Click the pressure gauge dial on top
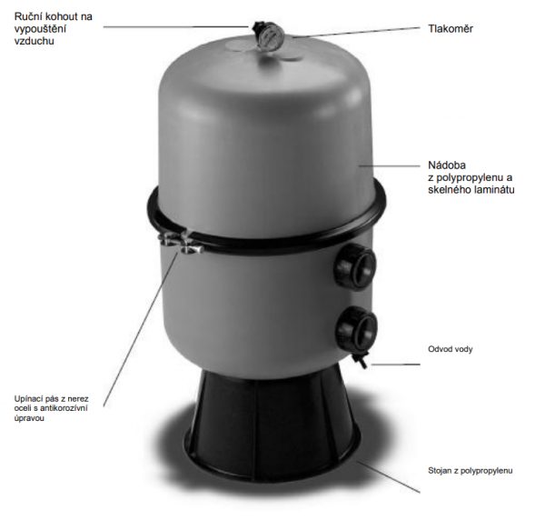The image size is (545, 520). pyautogui.click(x=272, y=35)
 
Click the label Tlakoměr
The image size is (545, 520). pyautogui.click(x=451, y=28)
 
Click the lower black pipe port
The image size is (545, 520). pyautogui.click(x=356, y=327)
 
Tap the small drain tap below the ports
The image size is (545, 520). pyautogui.click(x=360, y=360)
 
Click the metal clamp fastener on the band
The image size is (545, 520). pyautogui.click(x=180, y=242)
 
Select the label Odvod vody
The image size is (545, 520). pyautogui.click(x=451, y=349)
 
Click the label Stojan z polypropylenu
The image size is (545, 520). pyautogui.click(x=471, y=471)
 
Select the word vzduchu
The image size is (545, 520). pyautogui.click(x=35, y=41)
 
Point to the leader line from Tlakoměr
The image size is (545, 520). pyautogui.click(x=356, y=32)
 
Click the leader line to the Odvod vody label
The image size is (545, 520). pyautogui.click(x=395, y=365)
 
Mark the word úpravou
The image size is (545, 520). pyautogui.click(x=29, y=418)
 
